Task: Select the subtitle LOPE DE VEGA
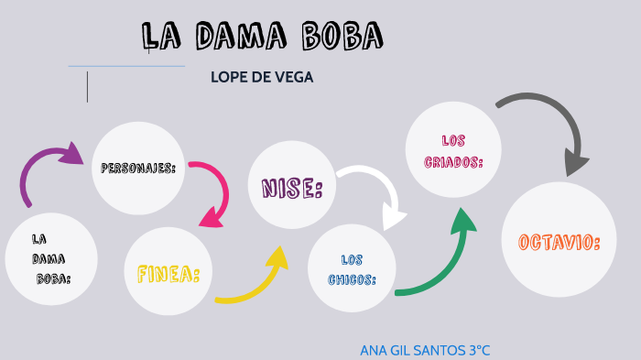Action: point(262,78)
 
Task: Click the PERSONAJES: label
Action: point(138,169)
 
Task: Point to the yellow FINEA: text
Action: point(168,274)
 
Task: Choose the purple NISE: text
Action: point(292,189)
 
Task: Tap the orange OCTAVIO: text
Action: point(559,243)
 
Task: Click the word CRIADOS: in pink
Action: point(454,161)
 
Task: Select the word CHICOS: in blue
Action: point(353,279)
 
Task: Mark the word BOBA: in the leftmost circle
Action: point(54,278)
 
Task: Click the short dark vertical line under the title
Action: point(88,85)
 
